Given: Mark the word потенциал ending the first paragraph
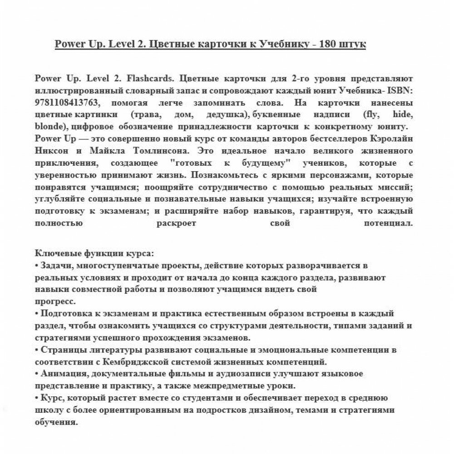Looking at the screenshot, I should click(388, 223).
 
